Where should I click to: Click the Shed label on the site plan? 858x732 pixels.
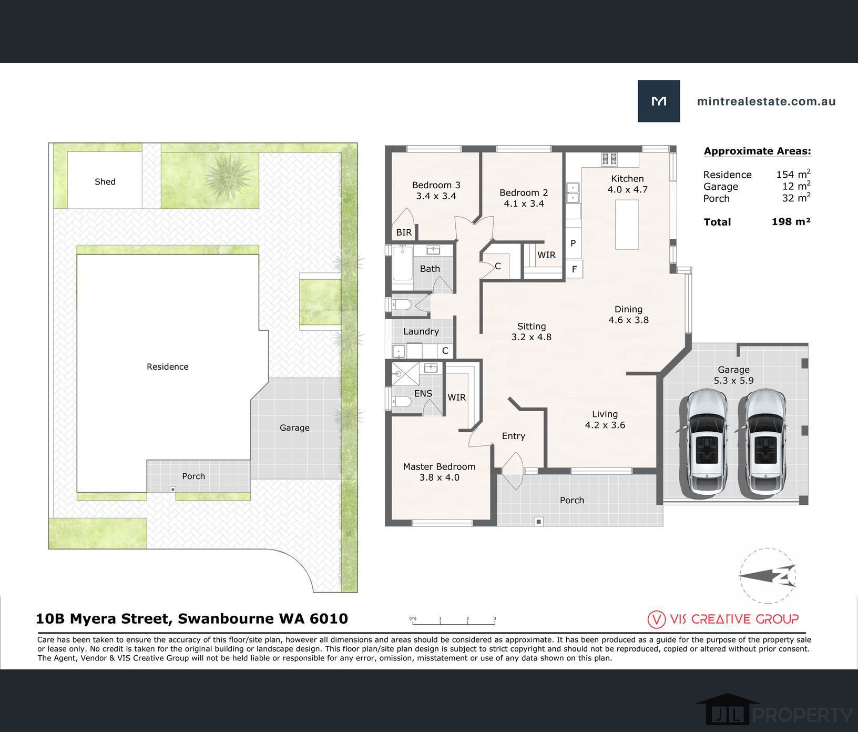pos(105,181)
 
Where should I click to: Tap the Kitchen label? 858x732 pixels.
pos(627,178)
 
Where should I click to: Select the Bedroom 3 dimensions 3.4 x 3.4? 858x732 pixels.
pos(436,196)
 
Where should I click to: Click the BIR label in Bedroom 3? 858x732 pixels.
pos(404,232)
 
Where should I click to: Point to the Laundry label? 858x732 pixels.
pos(421,331)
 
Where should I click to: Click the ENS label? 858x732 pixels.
pos(423,393)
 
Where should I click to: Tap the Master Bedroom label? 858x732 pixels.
pos(439,466)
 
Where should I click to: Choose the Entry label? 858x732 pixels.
pos(514,436)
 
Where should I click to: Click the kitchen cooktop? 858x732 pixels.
pos(609,158)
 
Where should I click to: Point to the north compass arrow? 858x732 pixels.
pos(767,576)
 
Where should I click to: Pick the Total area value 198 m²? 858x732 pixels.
pos(791,221)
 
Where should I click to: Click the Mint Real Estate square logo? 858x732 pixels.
pos(659,101)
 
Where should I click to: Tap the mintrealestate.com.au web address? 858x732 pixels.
pos(766,101)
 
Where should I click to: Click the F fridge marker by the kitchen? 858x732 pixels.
pos(574,269)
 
